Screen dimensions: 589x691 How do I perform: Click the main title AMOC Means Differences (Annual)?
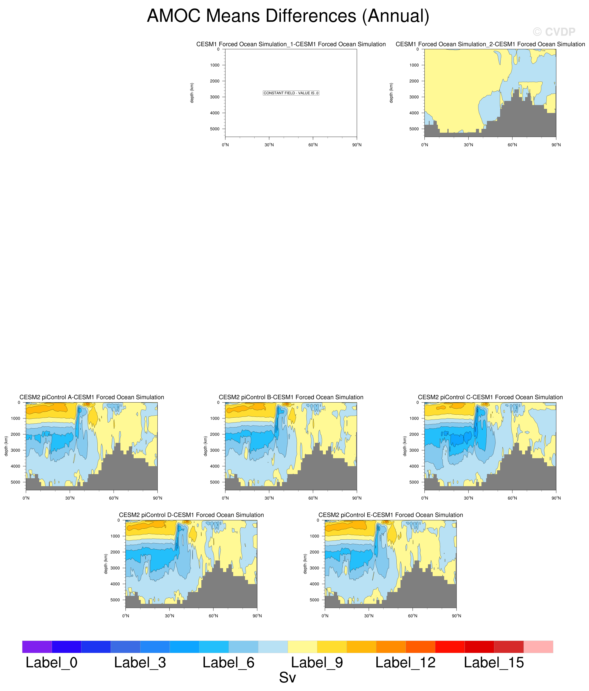(288, 16)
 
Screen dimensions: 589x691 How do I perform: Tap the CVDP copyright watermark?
(554, 32)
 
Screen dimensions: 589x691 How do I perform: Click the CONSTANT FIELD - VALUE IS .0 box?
(291, 93)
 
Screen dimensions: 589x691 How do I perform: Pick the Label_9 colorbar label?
(317, 663)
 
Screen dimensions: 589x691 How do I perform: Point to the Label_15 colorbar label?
(494, 663)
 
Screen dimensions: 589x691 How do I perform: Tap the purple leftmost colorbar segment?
(37, 647)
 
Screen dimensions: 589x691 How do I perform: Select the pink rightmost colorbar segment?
(538, 647)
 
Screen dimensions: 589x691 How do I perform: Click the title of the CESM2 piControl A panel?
(92, 397)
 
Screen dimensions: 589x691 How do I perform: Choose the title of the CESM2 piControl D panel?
(191, 515)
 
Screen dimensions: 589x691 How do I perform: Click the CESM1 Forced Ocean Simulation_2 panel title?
(490, 44)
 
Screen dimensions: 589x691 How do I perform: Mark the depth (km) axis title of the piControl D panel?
(106, 564)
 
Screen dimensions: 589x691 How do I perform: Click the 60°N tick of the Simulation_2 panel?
(512, 145)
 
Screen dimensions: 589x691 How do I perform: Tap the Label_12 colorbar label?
(405, 663)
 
